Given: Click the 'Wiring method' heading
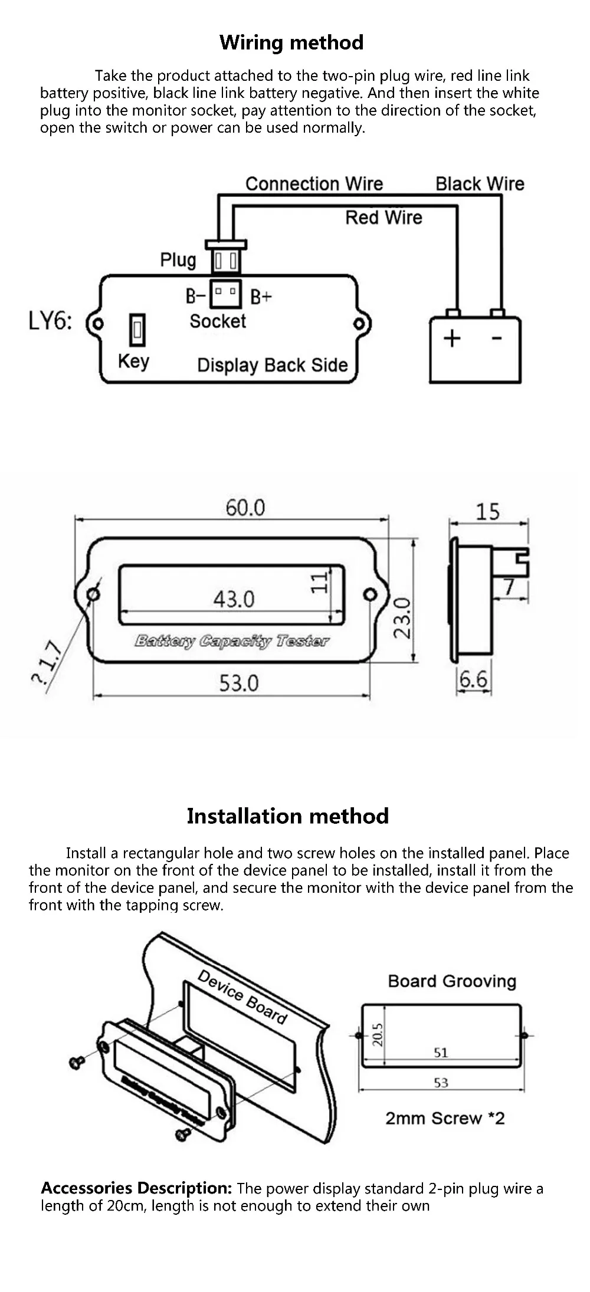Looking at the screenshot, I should click(x=291, y=42).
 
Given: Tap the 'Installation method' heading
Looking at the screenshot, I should click(x=288, y=816).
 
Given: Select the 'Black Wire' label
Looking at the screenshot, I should click(x=480, y=184).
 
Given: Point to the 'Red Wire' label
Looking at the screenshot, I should click(x=383, y=218).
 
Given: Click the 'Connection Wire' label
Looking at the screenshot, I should click(x=314, y=184).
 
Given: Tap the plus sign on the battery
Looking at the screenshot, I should click(x=452, y=338).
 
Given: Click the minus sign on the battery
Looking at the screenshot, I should click(x=497, y=338).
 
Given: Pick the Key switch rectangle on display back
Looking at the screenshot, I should click(x=137, y=330).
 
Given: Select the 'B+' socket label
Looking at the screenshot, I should click(x=261, y=296).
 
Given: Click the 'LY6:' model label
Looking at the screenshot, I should click(x=50, y=322).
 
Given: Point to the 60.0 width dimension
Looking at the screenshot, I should click(x=245, y=508).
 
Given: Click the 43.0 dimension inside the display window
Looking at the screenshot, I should click(x=234, y=599).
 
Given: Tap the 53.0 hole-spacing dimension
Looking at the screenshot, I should click(x=239, y=683).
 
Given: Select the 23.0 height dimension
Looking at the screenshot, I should click(x=403, y=618).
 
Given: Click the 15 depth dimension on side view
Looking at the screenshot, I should click(x=488, y=511).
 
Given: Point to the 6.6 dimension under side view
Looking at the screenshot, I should click(x=474, y=679).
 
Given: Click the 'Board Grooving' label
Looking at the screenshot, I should click(x=452, y=981).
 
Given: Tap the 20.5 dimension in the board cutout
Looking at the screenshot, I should click(x=378, y=1034).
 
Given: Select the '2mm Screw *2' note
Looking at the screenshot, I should click(x=445, y=1118).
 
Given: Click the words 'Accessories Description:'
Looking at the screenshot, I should click(x=136, y=1188).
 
